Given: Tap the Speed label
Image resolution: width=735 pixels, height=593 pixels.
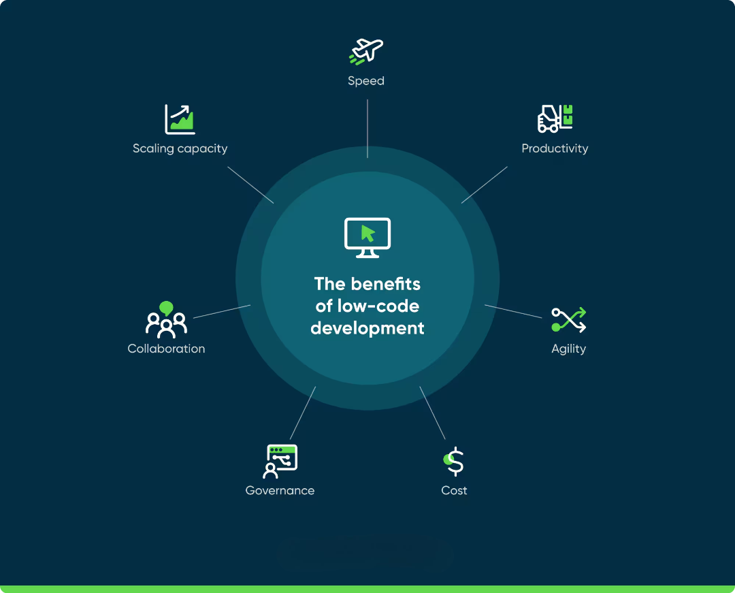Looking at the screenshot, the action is point(366,81).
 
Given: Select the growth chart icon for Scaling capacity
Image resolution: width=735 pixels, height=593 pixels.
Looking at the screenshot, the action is point(180,119).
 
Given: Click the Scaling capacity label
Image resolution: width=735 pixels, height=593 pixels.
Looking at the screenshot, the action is point(180,148).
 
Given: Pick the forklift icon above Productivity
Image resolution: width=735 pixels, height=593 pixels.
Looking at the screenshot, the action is point(555,118).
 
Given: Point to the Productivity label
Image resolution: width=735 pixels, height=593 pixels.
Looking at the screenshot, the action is point(555,148).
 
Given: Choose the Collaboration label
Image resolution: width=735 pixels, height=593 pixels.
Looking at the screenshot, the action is point(167,349).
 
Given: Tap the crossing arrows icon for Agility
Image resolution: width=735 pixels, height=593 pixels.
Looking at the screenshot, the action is point(568,320).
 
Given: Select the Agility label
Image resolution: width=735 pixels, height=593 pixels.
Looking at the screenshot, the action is point(568,349).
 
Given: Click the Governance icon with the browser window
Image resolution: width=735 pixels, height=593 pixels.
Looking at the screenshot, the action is point(280,462).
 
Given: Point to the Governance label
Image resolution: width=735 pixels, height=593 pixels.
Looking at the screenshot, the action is point(280,490).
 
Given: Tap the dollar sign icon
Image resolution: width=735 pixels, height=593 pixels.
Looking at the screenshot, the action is point(454,462).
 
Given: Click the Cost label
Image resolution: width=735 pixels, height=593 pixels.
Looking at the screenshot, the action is point(454,490).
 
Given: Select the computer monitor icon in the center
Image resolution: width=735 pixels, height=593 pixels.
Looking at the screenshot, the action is point(367,238).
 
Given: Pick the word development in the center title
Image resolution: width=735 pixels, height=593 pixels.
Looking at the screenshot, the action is point(367,328).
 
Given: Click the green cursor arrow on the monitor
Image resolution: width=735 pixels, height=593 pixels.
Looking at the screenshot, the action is point(368,234).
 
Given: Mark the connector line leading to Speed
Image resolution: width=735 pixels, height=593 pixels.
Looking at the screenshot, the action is point(367,129).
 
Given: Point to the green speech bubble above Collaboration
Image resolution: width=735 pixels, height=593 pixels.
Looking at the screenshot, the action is point(167,308).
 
